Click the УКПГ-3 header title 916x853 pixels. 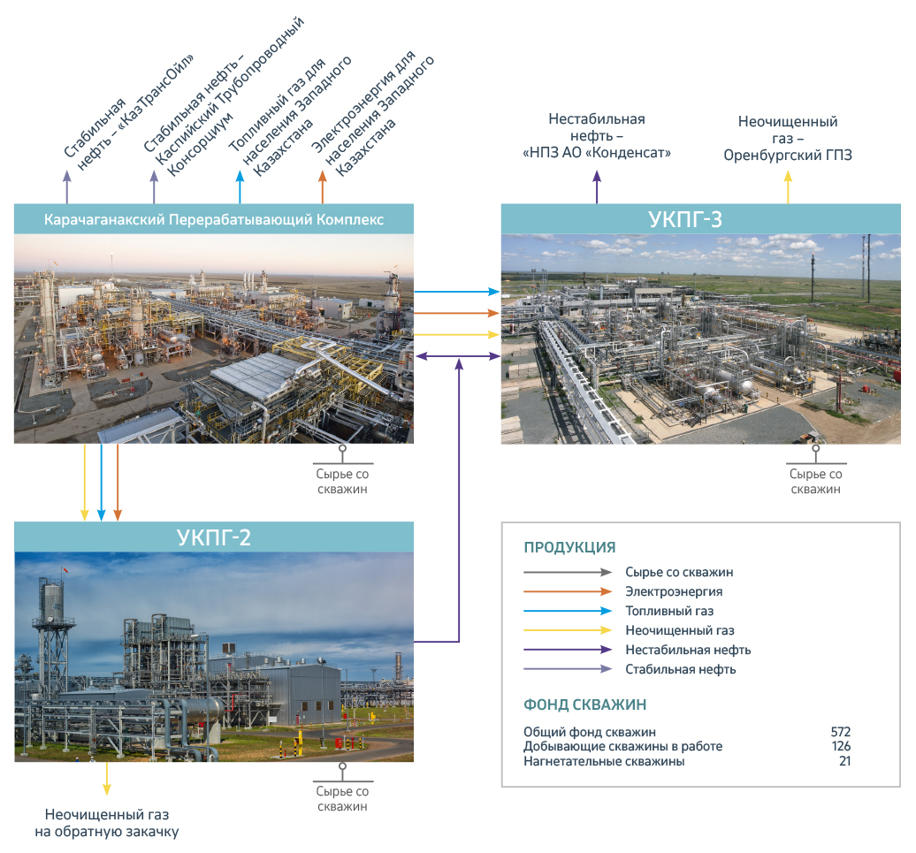click(684, 219)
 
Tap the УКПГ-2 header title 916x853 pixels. click(214, 537)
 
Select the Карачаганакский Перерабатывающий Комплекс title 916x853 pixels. click(214, 219)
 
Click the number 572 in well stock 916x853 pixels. click(841, 732)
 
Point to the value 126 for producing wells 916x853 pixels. click(841, 746)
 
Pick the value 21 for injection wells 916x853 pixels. click(844, 761)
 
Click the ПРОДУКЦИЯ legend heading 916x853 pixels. click(569, 547)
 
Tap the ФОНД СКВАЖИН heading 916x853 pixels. click(584, 704)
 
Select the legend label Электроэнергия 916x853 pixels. click(674, 591)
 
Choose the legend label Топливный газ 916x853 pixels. click(669, 611)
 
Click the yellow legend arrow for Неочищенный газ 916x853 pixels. click(568, 630)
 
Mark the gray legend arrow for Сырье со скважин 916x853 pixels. click(568, 572)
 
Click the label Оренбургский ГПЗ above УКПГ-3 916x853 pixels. click(788, 156)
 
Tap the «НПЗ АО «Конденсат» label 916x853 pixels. click(597, 153)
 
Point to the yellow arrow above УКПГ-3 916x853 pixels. click(788, 187)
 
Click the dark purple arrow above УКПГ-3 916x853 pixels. click(597, 187)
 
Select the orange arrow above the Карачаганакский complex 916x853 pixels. click(323, 187)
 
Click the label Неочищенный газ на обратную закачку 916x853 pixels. click(107, 823)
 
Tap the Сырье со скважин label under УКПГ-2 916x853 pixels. click(342, 799)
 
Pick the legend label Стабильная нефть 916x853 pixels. click(681, 669)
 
